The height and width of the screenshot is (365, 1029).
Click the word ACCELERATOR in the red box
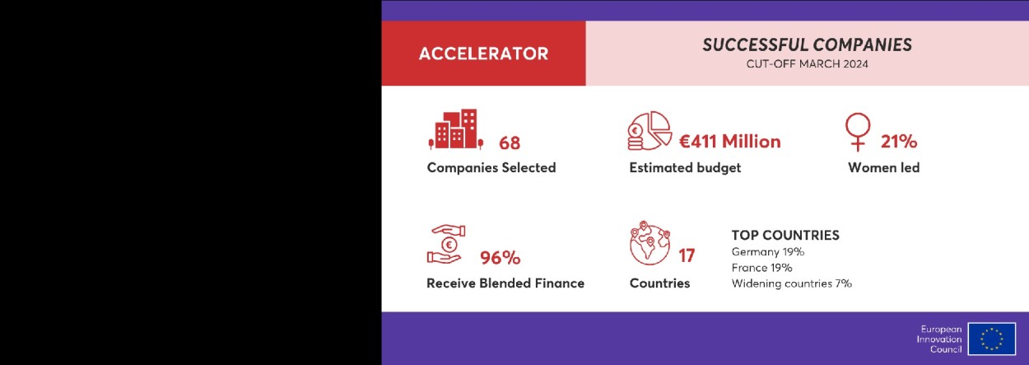(x=483, y=54)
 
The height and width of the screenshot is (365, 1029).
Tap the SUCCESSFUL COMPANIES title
(x=807, y=45)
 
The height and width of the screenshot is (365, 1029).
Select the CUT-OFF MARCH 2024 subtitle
(x=807, y=64)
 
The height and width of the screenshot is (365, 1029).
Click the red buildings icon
(x=456, y=129)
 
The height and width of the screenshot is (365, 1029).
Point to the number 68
(x=510, y=143)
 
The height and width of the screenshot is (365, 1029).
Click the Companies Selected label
(x=491, y=167)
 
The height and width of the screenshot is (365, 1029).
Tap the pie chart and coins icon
(x=650, y=131)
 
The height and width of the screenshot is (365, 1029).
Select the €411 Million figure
(x=730, y=141)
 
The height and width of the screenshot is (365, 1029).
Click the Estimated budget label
(x=685, y=168)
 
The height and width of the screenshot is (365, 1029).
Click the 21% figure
(x=899, y=141)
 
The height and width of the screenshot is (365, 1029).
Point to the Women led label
(x=884, y=167)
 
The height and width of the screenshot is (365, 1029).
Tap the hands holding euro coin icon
(x=445, y=244)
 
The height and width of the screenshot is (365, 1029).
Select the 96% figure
(x=501, y=257)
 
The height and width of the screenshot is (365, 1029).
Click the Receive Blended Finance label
(x=505, y=283)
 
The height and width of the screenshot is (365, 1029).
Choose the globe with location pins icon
(x=650, y=243)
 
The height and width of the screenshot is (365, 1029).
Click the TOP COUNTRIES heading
(x=785, y=236)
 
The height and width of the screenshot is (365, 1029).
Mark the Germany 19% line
(x=767, y=252)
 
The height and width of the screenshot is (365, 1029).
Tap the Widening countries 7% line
(x=791, y=283)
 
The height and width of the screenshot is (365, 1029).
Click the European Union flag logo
(x=991, y=339)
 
